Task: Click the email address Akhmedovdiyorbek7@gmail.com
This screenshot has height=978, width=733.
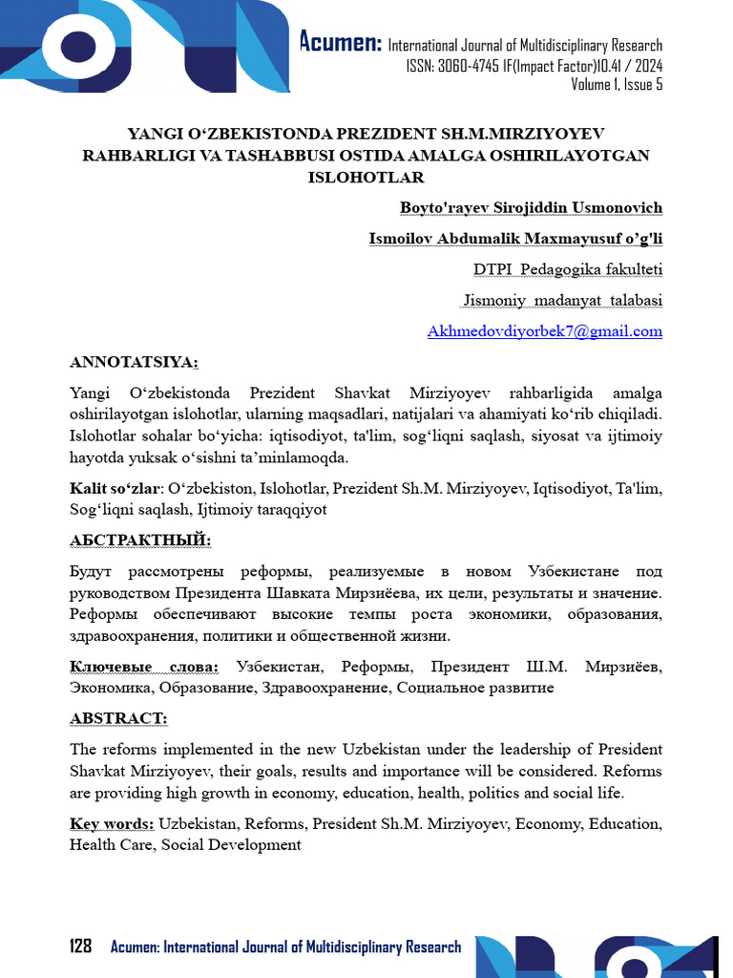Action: coord(544,331)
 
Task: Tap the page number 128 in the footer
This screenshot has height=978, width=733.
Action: coord(80,946)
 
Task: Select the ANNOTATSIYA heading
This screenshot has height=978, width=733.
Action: coord(134,362)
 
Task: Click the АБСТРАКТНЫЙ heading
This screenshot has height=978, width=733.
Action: coord(140,541)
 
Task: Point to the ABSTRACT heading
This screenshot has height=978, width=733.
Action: coord(118,718)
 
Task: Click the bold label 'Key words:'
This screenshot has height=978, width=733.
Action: coord(112,823)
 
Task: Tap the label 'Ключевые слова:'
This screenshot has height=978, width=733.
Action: coord(144,666)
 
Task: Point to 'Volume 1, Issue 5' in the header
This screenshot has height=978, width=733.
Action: coord(617,85)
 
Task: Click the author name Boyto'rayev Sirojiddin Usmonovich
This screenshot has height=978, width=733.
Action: coord(531,207)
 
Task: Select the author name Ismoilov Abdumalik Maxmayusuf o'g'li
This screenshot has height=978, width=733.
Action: coord(515,239)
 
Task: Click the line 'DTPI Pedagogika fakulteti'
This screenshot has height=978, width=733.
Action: coord(568,269)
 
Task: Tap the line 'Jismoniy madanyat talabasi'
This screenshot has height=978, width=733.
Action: coord(562,300)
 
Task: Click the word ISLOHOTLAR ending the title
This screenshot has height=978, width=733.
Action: coord(366,177)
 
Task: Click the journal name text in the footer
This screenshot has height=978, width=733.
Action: coord(285,946)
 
